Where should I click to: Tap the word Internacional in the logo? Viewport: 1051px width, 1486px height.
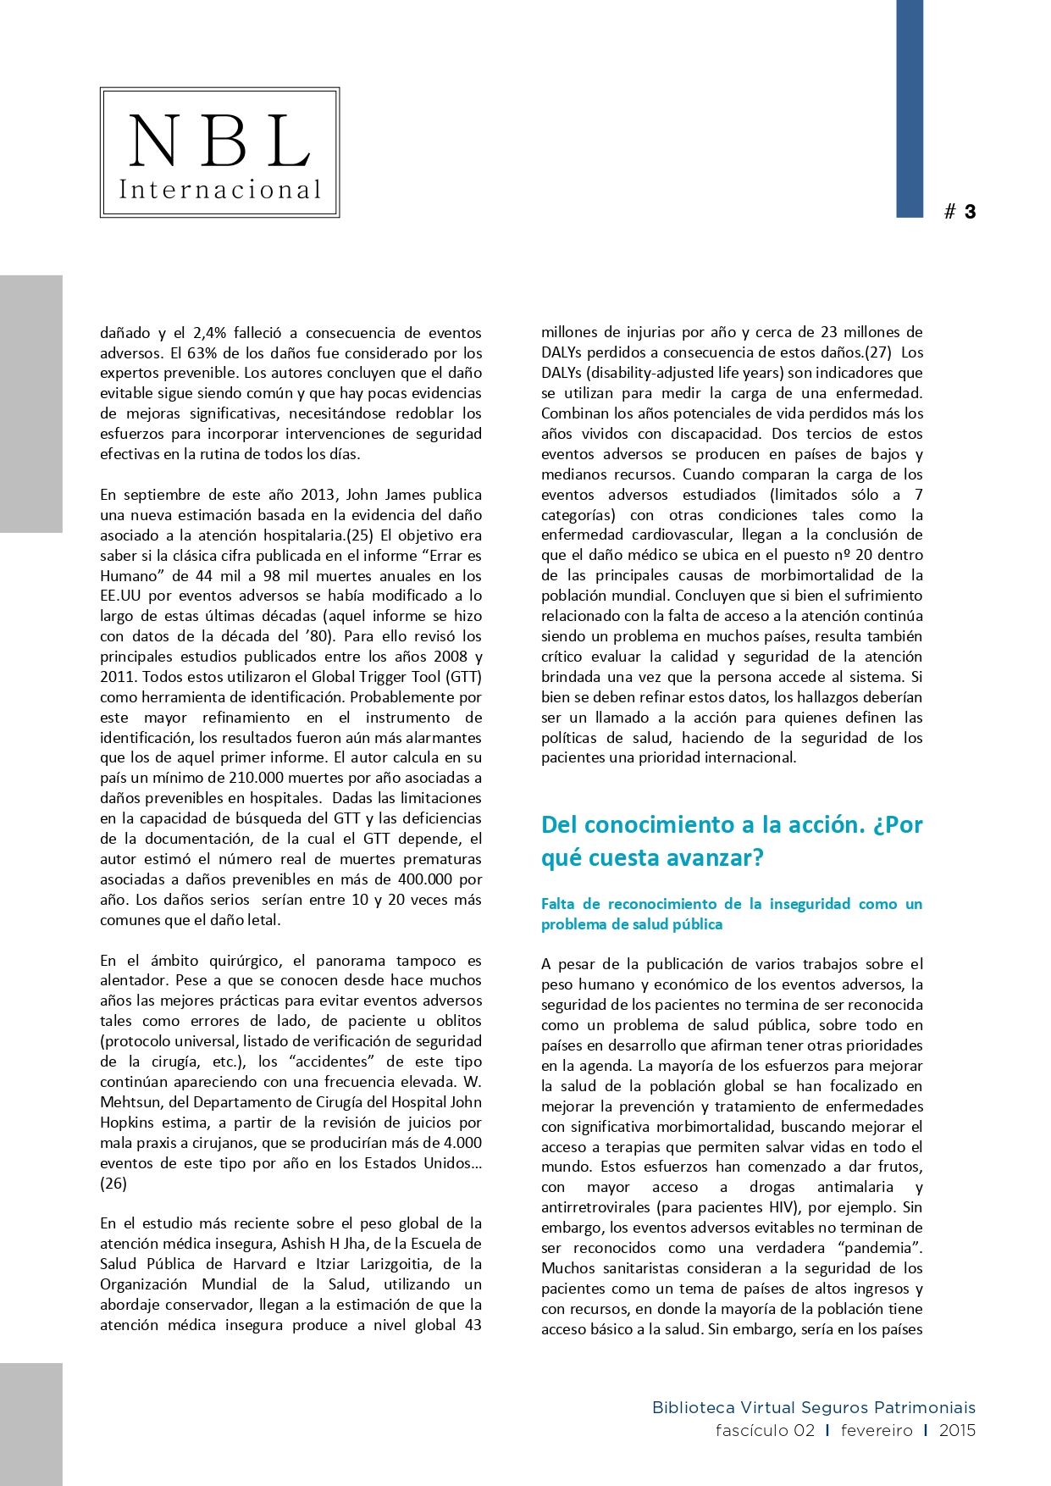click(x=220, y=189)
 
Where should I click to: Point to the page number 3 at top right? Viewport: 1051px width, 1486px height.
click(x=970, y=212)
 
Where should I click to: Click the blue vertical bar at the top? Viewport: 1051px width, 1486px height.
click(x=910, y=108)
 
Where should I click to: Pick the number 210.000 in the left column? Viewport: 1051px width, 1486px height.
click(x=261, y=778)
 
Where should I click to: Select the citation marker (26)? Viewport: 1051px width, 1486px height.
click(x=113, y=1184)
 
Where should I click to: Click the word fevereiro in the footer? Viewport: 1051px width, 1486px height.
click(x=877, y=1431)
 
